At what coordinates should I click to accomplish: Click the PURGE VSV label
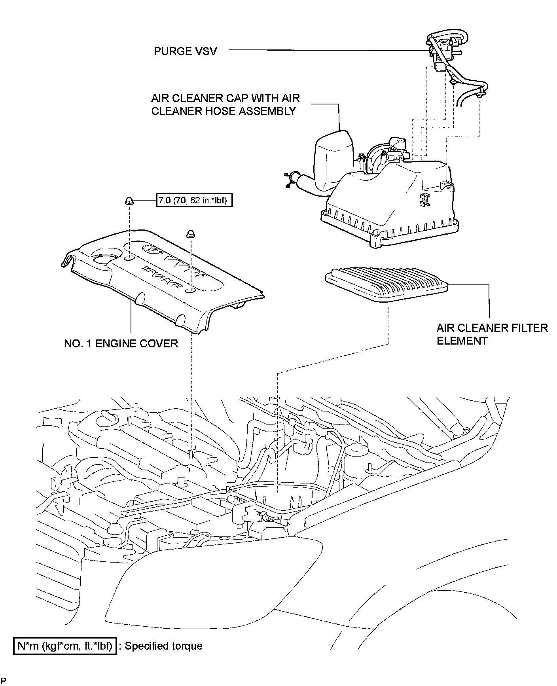tap(185, 51)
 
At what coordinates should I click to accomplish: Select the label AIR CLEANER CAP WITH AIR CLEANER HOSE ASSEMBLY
tap(225, 104)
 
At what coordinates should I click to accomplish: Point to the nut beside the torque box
tap(129, 201)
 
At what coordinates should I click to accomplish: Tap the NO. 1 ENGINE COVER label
tap(121, 343)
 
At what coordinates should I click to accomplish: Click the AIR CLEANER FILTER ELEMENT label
tap(492, 334)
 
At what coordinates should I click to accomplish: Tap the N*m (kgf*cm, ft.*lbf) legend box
tap(65, 646)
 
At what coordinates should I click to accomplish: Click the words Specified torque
tap(163, 646)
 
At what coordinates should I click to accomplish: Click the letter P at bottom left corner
tap(3, 680)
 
